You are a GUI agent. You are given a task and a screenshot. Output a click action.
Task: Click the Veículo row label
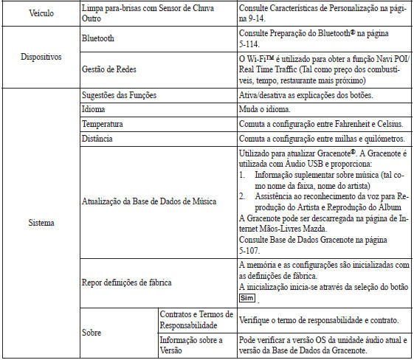(26, 14)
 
